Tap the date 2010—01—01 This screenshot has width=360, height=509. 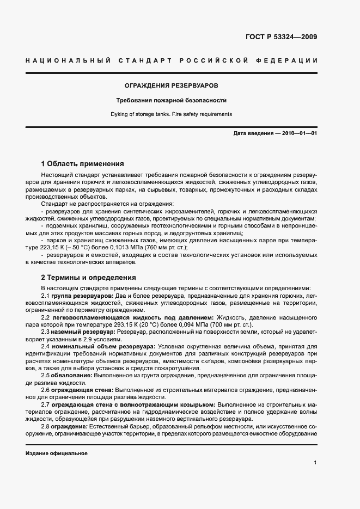(297, 133)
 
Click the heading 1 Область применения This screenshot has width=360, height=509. (83, 163)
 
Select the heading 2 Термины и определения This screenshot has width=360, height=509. (89, 277)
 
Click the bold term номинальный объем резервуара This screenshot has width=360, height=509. (103, 346)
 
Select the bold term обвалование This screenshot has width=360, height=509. (72, 375)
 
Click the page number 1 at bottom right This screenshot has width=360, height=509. (315, 462)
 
